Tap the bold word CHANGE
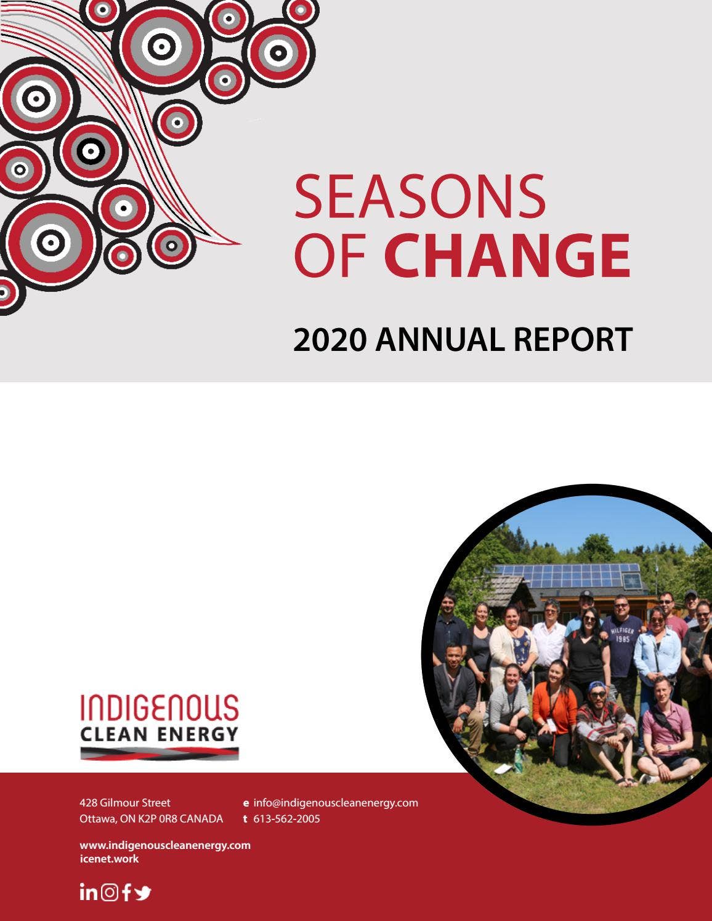[x=507, y=255]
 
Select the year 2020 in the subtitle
[x=330, y=340]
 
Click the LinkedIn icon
[x=89, y=892]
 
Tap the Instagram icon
[x=110, y=892]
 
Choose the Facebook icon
[x=126, y=892]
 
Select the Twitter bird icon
[x=143, y=893]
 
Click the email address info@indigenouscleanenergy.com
[x=336, y=803]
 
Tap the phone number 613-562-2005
[x=287, y=819]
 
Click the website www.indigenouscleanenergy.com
[x=165, y=845]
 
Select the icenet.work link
[x=110, y=859]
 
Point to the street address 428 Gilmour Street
[x=125, y=803]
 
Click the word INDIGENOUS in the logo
[x=159, y=708]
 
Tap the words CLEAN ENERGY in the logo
[x=159, y=734]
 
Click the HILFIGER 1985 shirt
[x=623, y=637]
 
